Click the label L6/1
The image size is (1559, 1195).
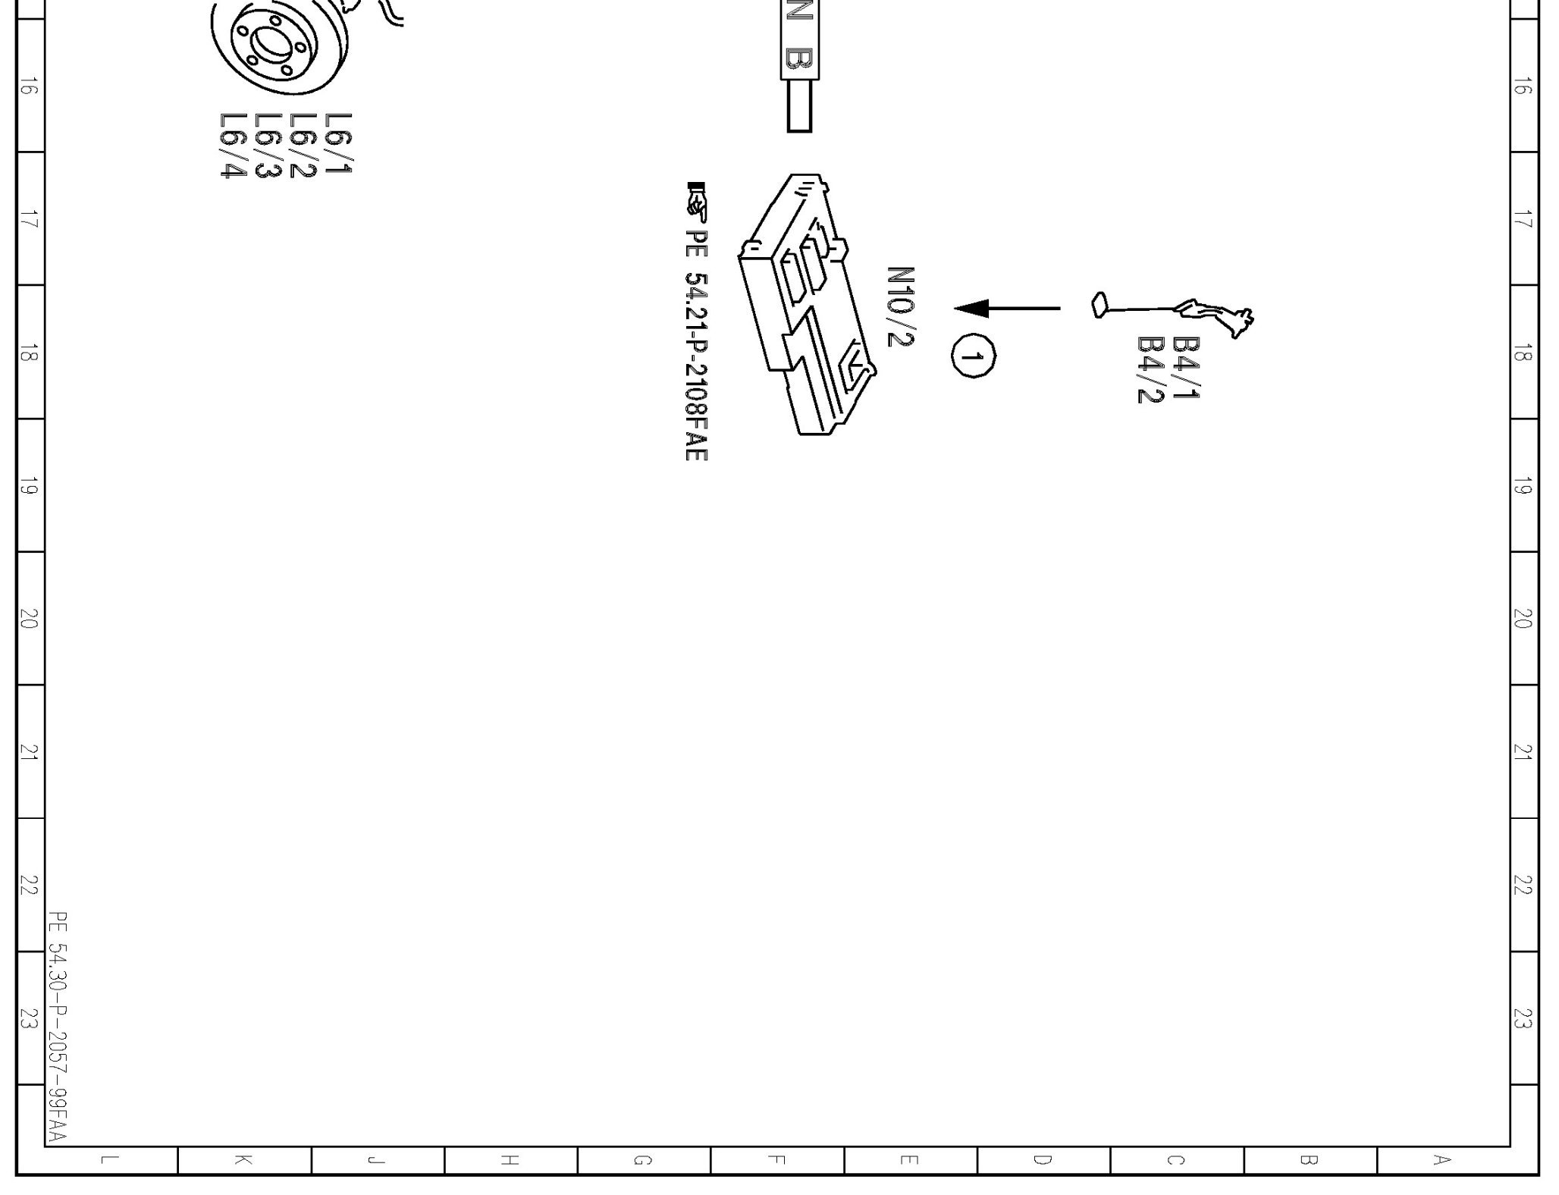click(338, 143)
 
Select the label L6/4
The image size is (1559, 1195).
click(234, 146)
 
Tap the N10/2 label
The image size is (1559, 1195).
click(901, 306)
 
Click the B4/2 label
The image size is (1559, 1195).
click(1150, 370)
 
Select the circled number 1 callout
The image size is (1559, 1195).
click(974, 356)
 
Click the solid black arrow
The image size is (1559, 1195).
click(1007, 309)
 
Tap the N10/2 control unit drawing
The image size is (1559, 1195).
click(807, 304)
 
